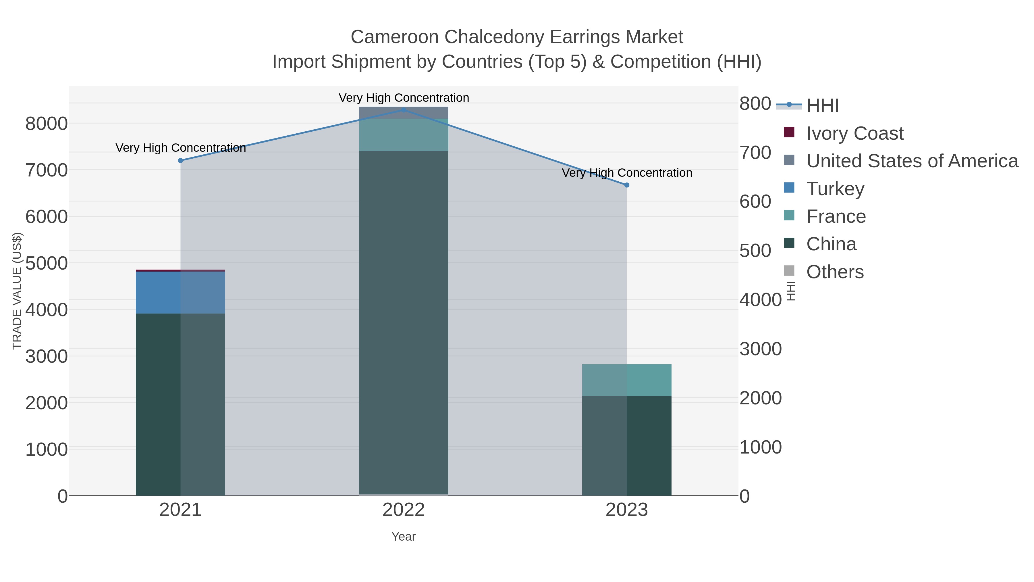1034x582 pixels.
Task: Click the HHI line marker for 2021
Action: [x=180, y=161]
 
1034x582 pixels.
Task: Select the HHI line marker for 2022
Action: [x=404, y=110]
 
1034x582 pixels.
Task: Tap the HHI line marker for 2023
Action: [x=627, y=185]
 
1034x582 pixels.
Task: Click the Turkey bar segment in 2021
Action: [x=180, y=292]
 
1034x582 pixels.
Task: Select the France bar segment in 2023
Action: [x=627, y=380]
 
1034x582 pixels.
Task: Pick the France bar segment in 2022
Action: [x=404, y=135]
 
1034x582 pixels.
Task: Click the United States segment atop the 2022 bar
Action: [x=404, y=113]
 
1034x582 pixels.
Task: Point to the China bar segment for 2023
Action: [x=627, y=446]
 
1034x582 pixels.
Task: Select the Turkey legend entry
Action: [x=835, y=189]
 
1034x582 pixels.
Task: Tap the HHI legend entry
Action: [x=822, y=106]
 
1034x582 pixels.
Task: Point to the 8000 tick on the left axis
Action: [x=47, y=123]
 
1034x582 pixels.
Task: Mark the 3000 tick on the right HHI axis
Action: [x=760, y=349]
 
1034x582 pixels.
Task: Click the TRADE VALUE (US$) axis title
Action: [x=17, y=291]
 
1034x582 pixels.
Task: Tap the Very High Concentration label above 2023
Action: [x=627, y=173]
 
